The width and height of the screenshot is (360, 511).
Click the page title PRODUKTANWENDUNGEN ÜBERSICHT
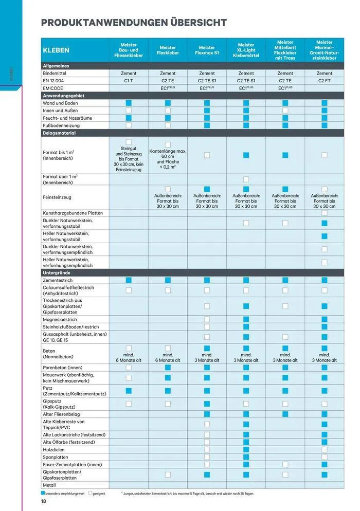point(133,23)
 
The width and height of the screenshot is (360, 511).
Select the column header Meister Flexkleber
point(168,50)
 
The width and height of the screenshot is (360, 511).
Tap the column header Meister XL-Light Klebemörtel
point(246,50)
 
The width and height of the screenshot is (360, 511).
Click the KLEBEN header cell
point(57,50)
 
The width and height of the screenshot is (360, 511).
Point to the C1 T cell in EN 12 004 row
point(129,81)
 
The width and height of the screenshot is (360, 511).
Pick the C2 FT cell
point(324,81)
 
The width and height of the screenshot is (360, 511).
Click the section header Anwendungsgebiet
point(64,96)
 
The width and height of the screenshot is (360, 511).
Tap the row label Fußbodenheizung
point(62,125)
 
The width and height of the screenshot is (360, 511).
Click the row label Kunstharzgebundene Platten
point(73,213)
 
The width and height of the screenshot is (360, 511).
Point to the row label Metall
point(50,485)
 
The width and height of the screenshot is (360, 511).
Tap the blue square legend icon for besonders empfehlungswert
point(43,493)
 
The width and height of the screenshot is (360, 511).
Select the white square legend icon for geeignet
point(91,493)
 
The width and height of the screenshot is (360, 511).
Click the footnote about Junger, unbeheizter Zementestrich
point(187,494)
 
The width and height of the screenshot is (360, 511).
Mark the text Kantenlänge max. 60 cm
point(168,154)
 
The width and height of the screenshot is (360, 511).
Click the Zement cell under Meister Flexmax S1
point(207,74)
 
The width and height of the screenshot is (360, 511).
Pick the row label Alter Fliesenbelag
point(61,414)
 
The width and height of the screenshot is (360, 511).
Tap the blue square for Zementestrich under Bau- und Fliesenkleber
point(129,280)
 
